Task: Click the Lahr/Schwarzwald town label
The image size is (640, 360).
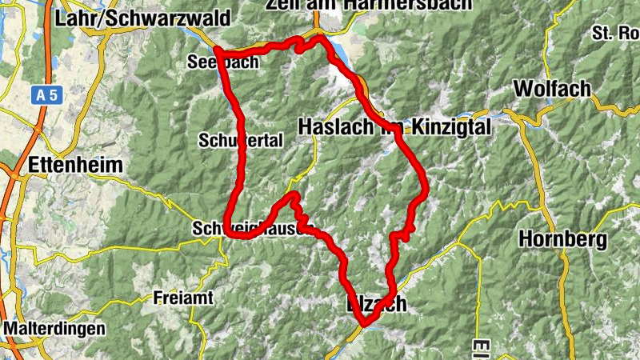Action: tap(143, 18)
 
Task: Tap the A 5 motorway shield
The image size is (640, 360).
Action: tap(47, 95)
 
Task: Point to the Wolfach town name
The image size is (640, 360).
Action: tap(553, 87)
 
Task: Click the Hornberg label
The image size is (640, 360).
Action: tap(562, 238)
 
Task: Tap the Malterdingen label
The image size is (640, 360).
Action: tap(54, 328)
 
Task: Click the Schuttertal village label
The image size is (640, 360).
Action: tap(240, 140)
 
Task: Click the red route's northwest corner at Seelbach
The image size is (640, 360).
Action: tap(218, 52)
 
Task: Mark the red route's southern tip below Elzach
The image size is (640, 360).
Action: tap(365, 323)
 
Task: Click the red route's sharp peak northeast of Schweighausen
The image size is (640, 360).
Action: tap(294, 195)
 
